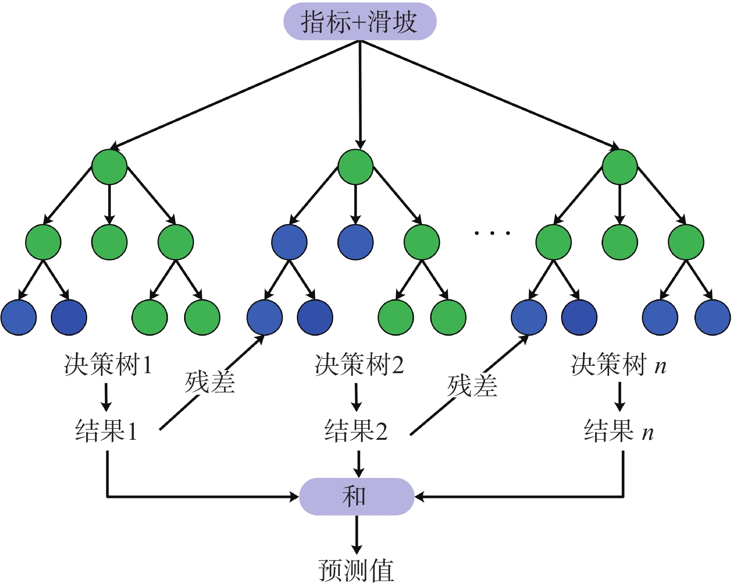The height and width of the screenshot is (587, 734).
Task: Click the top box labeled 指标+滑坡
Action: tap(360, 21)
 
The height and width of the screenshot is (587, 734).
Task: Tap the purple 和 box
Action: tap(357, 497)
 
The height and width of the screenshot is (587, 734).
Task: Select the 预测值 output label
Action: tap(357, 570)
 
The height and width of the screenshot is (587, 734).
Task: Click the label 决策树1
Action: tap(108, 364)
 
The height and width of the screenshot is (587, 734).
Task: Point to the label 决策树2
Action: tap(359, 364)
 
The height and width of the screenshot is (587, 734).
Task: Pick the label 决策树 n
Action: tap(618, 364)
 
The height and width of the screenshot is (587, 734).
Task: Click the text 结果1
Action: tap(107, 430)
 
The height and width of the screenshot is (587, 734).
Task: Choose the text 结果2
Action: tap(356, 430)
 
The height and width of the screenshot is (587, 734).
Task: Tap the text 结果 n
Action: tap(619, 430)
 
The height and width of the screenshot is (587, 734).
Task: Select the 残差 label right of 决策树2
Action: tap(472, 386)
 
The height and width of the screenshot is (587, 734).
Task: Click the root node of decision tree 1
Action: tap(110, 167)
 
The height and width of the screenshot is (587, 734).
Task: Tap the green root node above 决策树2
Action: tap(356, 167)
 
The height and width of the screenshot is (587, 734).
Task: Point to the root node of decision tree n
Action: tap(620, 167)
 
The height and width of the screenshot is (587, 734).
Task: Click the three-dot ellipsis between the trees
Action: tap(492, 232)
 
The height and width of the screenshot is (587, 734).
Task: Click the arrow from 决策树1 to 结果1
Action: tap(106, 396)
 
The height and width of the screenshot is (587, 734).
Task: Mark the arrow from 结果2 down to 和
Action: tap(358, 464)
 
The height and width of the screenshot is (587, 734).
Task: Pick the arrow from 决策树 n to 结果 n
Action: tap(620, 396)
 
